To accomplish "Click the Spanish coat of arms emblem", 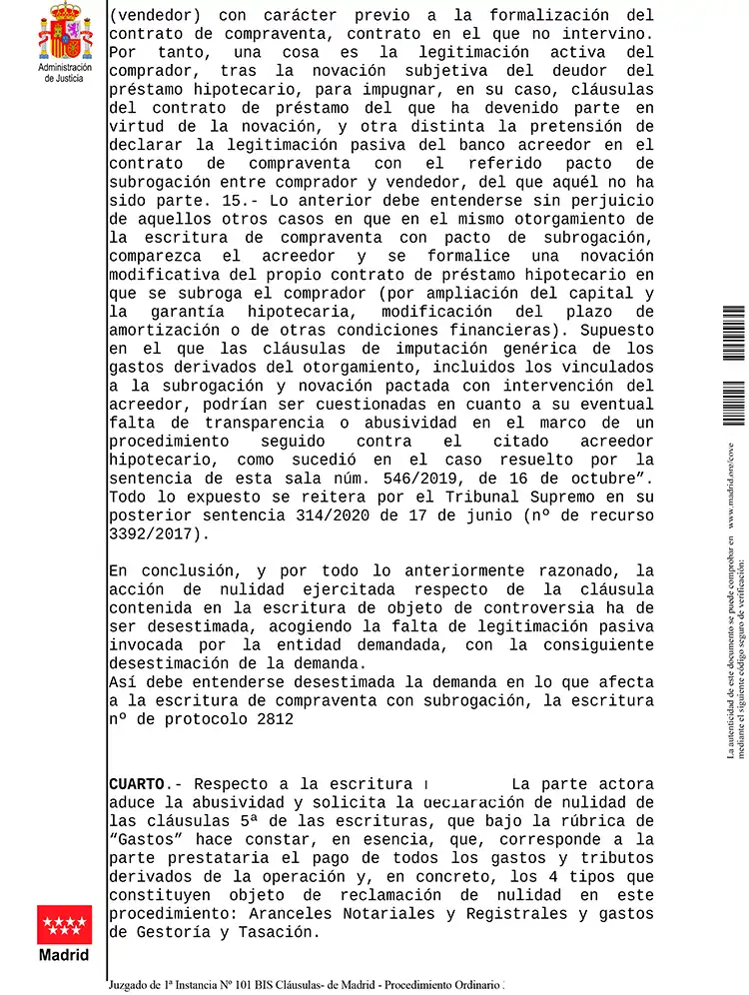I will (x=65, y=32).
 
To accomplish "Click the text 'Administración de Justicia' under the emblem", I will (x=65, y=72).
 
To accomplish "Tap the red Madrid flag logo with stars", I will (x=65, y=924).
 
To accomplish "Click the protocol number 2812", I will (x=268, y=718).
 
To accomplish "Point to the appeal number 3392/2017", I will (x=153, y=533).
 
